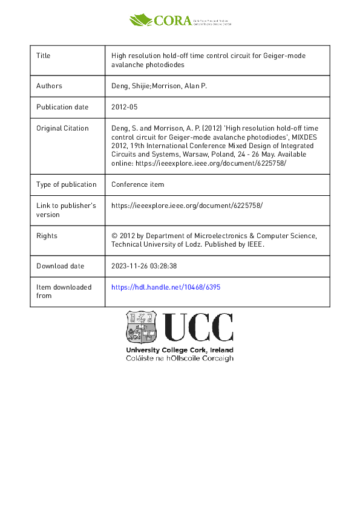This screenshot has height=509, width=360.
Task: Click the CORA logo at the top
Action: [x=180, y=20]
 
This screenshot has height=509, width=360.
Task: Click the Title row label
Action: [x=44, y=56]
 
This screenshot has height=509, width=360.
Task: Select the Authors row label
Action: [x=49, y=86]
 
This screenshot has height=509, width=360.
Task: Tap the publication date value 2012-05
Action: [x=126, y=107]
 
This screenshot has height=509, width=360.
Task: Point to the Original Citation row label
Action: [x=62, y=128]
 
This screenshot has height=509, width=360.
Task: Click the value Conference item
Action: [x=137, y=184]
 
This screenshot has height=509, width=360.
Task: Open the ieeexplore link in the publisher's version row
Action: [x=187, y=206]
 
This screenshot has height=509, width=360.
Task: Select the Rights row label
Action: [x=47, y=236]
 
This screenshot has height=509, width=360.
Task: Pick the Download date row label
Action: [x=61, y=266]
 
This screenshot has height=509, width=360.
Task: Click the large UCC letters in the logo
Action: [x=198, y=328]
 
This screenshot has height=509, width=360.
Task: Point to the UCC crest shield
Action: [x=142, y=328]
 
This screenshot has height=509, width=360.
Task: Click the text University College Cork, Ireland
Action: [x=179, y=351]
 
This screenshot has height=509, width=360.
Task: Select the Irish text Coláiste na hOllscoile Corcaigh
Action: [x=179, y=358]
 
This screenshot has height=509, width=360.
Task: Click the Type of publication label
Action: [x=67, y=184]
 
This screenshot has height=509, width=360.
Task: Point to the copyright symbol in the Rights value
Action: [x=115, y=236]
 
